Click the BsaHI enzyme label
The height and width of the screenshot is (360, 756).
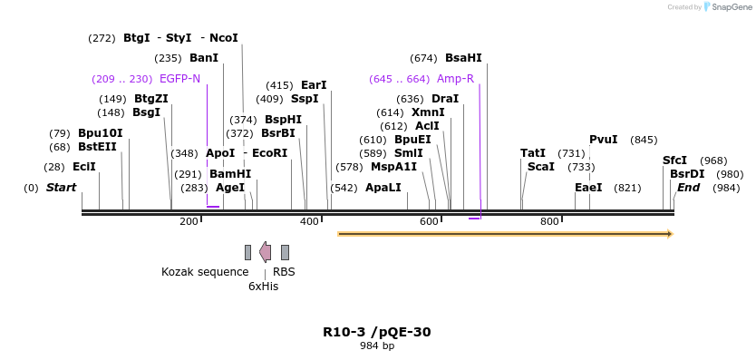click(463, 58)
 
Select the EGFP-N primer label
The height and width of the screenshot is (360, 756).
click(179, 79)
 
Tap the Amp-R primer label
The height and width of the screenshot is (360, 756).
click(455, 79)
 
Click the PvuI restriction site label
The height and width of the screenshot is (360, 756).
click(603, 140)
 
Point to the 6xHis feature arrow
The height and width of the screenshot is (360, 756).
click(265, 252)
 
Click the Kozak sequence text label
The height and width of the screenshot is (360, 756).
click(205, 271)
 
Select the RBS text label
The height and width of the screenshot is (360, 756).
click(284, 271)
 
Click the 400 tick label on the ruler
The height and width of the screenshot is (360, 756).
click(309, 222)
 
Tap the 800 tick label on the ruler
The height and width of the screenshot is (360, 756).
click(549, 222)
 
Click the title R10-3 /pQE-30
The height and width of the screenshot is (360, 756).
click(376, 332)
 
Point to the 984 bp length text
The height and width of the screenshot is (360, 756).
click(376, 346)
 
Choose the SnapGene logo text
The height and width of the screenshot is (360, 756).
click(731, 7)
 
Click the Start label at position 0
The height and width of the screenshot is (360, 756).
click(61, 188)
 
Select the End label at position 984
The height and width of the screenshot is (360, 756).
click(688, 188)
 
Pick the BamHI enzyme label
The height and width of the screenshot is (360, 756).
click(230, 174)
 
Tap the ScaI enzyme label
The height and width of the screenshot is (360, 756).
click(540, 167)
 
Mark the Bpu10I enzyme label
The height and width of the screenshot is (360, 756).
click(100, 133)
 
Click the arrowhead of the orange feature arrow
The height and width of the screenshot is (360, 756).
click(670, 234)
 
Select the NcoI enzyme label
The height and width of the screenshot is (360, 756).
click(223, 38)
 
